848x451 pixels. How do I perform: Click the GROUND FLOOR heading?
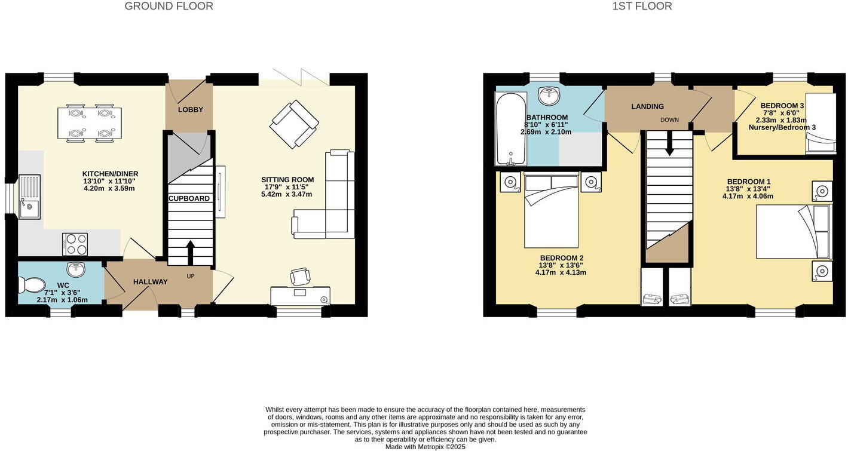[x=169, y=7]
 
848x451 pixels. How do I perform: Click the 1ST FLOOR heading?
[x=642, y=7]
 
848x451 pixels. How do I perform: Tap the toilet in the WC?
[x=30, y=285]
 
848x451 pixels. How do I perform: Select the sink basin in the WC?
[x=76, y=269]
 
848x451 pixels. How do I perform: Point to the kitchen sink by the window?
[x=29, y=197]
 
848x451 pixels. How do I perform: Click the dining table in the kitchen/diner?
[x=90, y=123]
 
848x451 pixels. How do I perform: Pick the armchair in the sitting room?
[x=294, y=124]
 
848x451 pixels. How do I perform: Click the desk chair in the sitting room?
[x=301, y=277]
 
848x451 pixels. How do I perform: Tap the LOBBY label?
[x=190, y=110]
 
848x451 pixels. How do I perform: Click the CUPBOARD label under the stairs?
[x=189, y=198]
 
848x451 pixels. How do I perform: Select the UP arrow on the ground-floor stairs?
[x=191, y=251]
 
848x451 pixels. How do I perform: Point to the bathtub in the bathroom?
[x=511, y=128]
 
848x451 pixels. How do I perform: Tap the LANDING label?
[x=647, y=107]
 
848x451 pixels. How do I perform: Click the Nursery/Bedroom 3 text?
[x=782, y=128]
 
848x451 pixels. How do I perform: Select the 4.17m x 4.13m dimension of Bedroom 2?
[x=560, y=272]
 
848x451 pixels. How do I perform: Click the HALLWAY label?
[x=150, y=282]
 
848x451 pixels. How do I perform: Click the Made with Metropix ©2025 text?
[x=425, y=447]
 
